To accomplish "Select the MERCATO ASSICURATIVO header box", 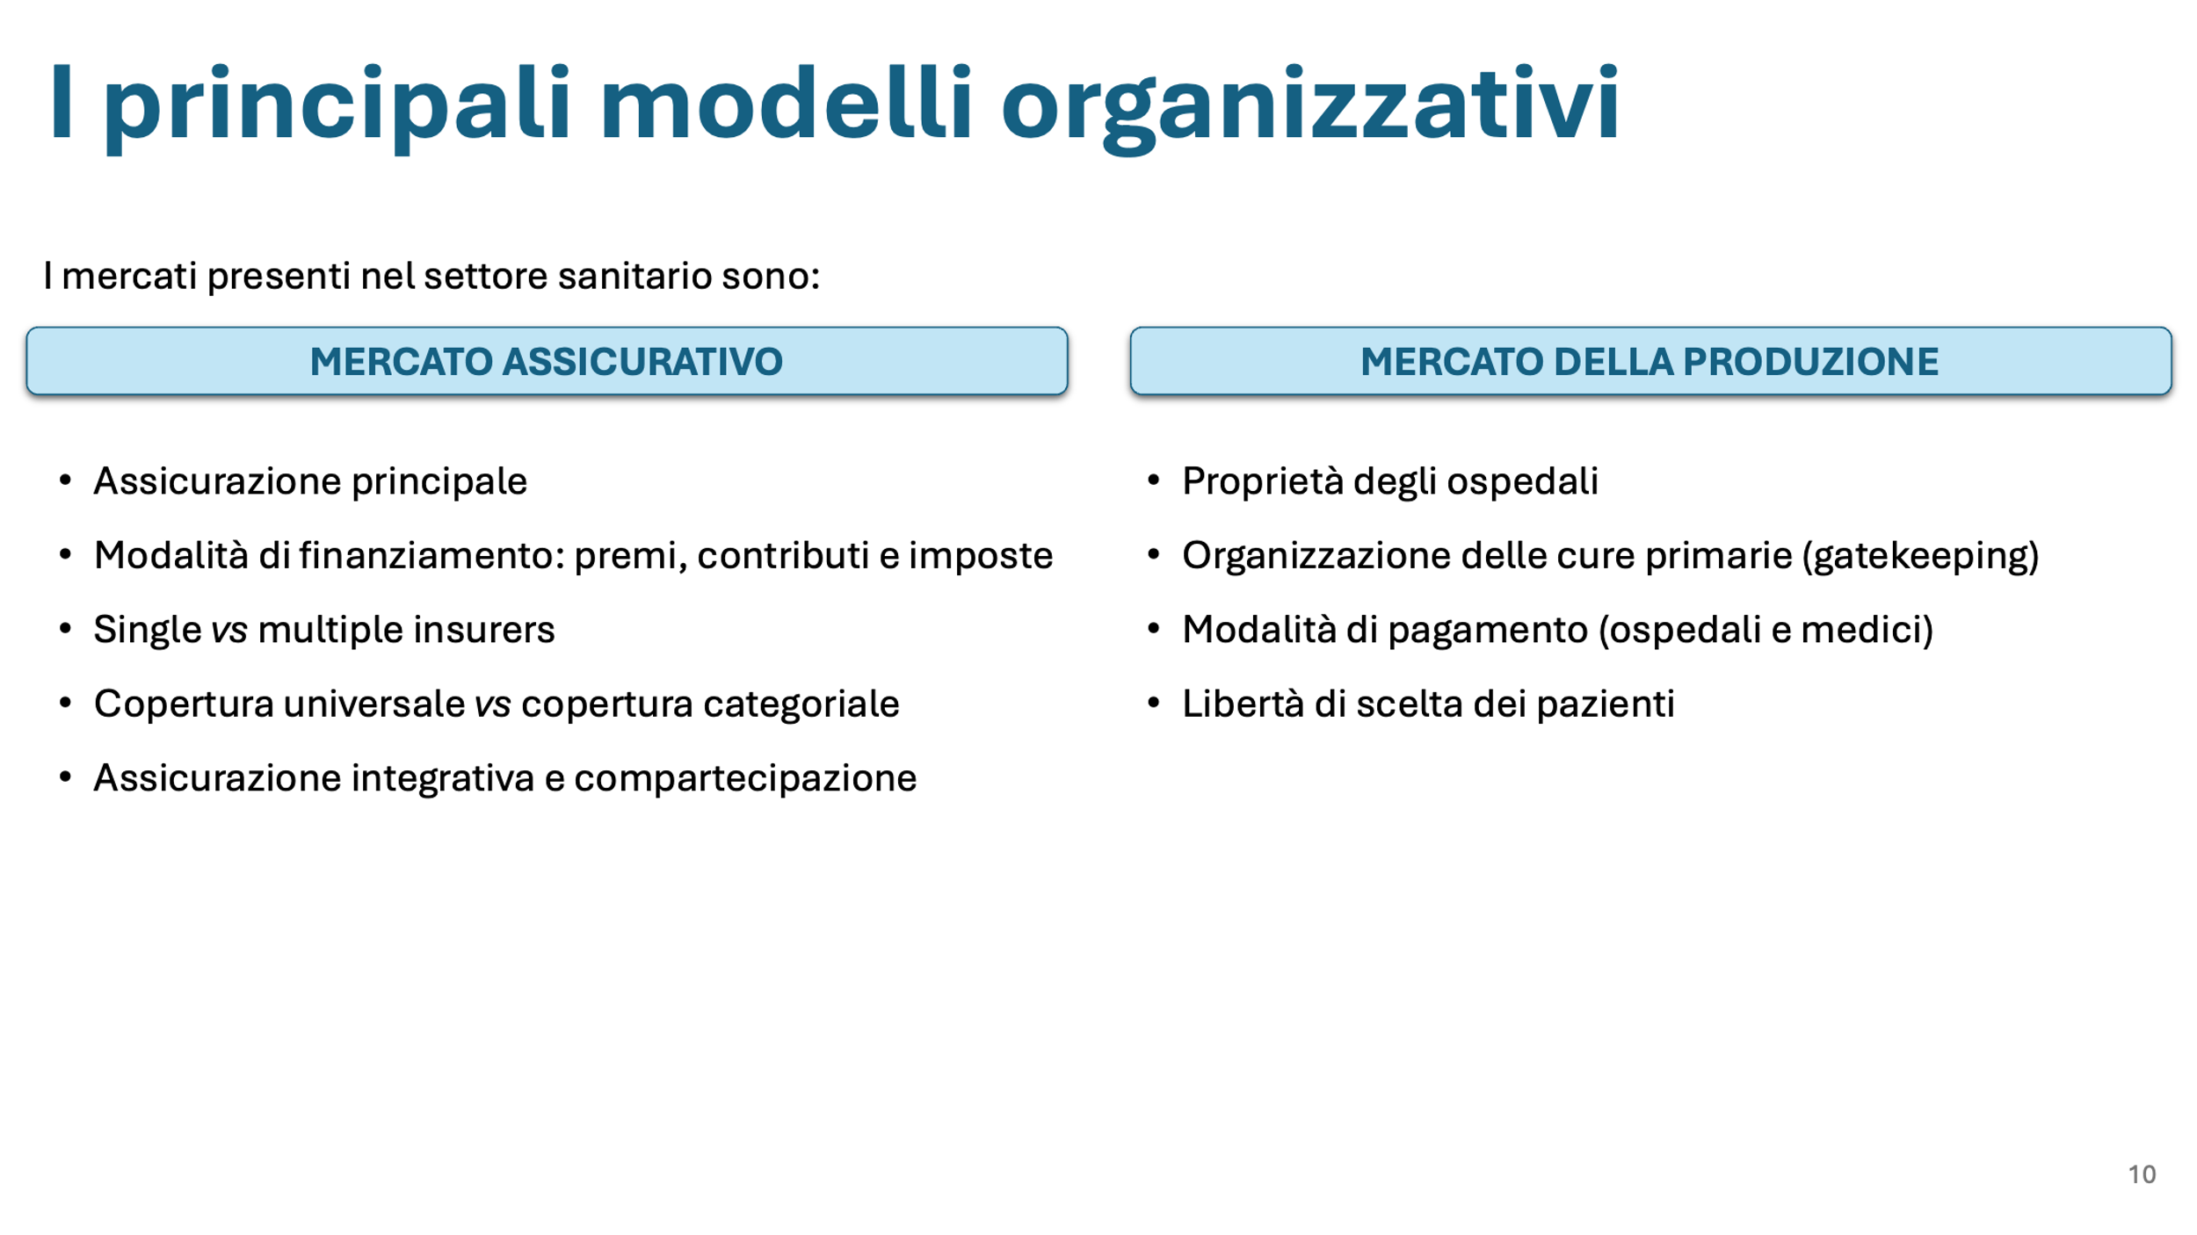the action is [547, 361].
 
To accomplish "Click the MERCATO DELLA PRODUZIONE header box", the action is [1650, 361].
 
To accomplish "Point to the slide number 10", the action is [2142, 1174].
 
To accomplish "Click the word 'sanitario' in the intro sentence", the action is [635, 276].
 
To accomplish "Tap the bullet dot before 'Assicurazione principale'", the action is [65, 480].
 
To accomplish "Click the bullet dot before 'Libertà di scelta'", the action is [1154, 703].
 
